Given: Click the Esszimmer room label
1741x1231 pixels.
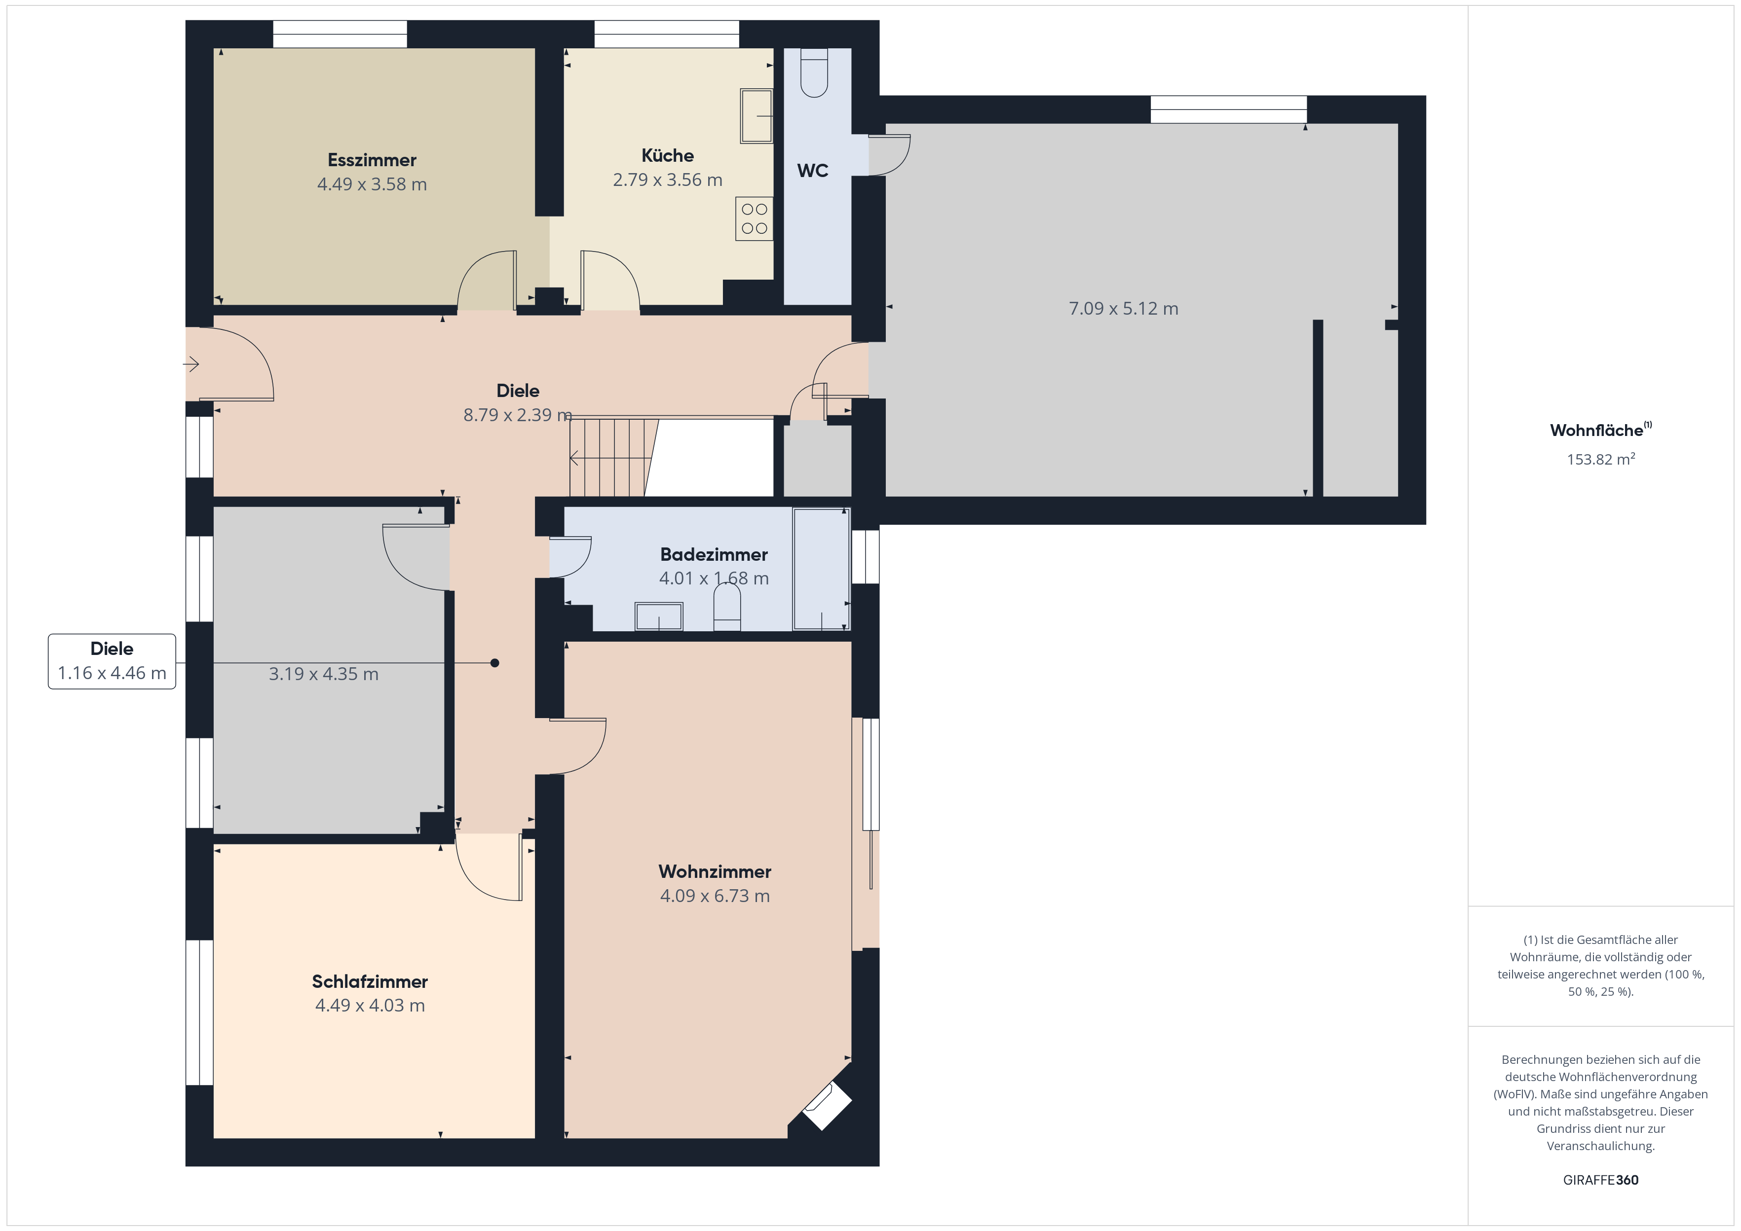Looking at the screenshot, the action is [372, 160].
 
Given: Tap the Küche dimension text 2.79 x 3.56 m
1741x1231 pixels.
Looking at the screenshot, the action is [667, 180].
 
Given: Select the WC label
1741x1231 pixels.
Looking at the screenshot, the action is [812, 171].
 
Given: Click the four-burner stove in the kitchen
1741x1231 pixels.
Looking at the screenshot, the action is [754, 218].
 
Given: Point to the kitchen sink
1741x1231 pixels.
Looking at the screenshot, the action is [756, 116].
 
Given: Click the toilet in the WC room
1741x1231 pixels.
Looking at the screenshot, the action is [814, 73].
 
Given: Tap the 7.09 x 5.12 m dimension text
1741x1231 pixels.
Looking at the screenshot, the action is [1123, 309].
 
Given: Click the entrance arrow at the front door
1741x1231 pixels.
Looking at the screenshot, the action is [190, 364].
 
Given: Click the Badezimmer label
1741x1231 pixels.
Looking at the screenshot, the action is [714, 554].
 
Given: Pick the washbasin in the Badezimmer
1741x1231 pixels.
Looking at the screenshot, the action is [658, 616].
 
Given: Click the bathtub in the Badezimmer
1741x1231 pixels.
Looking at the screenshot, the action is [821, 569].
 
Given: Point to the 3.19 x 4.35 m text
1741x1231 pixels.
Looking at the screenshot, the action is [323, 674].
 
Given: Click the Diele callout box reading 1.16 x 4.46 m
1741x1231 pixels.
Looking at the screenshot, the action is [112, 661].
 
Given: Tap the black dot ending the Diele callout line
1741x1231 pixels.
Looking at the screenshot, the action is [494, 663].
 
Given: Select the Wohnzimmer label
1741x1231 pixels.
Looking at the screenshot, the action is [714, 871].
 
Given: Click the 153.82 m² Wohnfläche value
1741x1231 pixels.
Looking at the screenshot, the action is [1601, 459].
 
